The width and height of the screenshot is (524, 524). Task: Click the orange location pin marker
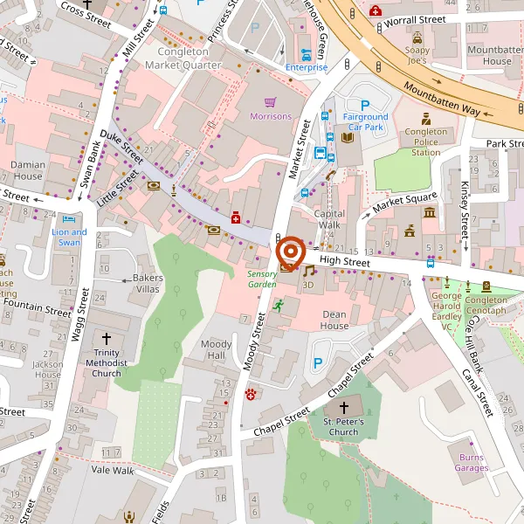[290, 252]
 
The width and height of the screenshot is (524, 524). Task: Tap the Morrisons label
[271, 116]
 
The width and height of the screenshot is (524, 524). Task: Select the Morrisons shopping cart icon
[271, 102]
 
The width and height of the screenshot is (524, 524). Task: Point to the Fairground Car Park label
[365, 121]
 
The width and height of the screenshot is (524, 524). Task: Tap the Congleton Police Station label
[425, 141]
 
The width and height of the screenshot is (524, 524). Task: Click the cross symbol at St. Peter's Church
[343, 408]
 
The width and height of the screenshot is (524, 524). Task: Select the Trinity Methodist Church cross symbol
[107, 338]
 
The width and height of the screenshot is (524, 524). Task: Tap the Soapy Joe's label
[417, 55]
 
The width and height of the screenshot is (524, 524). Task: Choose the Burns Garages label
[472, 462]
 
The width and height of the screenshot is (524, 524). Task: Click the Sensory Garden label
[262, 278]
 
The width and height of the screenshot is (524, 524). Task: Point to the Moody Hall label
[217, 350]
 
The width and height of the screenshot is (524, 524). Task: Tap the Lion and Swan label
[69, 238]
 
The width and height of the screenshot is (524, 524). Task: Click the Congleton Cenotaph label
[486, 306]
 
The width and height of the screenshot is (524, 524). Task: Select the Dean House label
[334, 320]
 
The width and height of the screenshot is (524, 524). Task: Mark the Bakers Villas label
[148, 283]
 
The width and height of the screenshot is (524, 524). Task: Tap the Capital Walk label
[330, 218]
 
